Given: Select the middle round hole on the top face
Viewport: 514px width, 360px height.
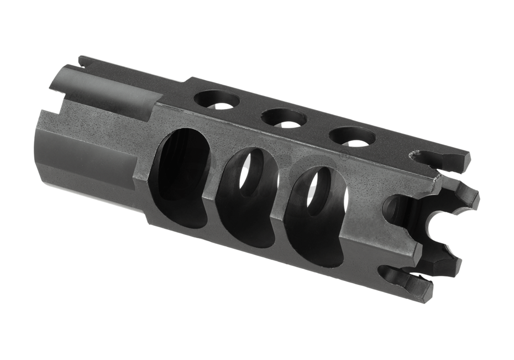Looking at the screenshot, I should pos(284,118).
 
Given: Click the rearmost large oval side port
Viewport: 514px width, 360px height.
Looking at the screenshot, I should pos(184,176).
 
